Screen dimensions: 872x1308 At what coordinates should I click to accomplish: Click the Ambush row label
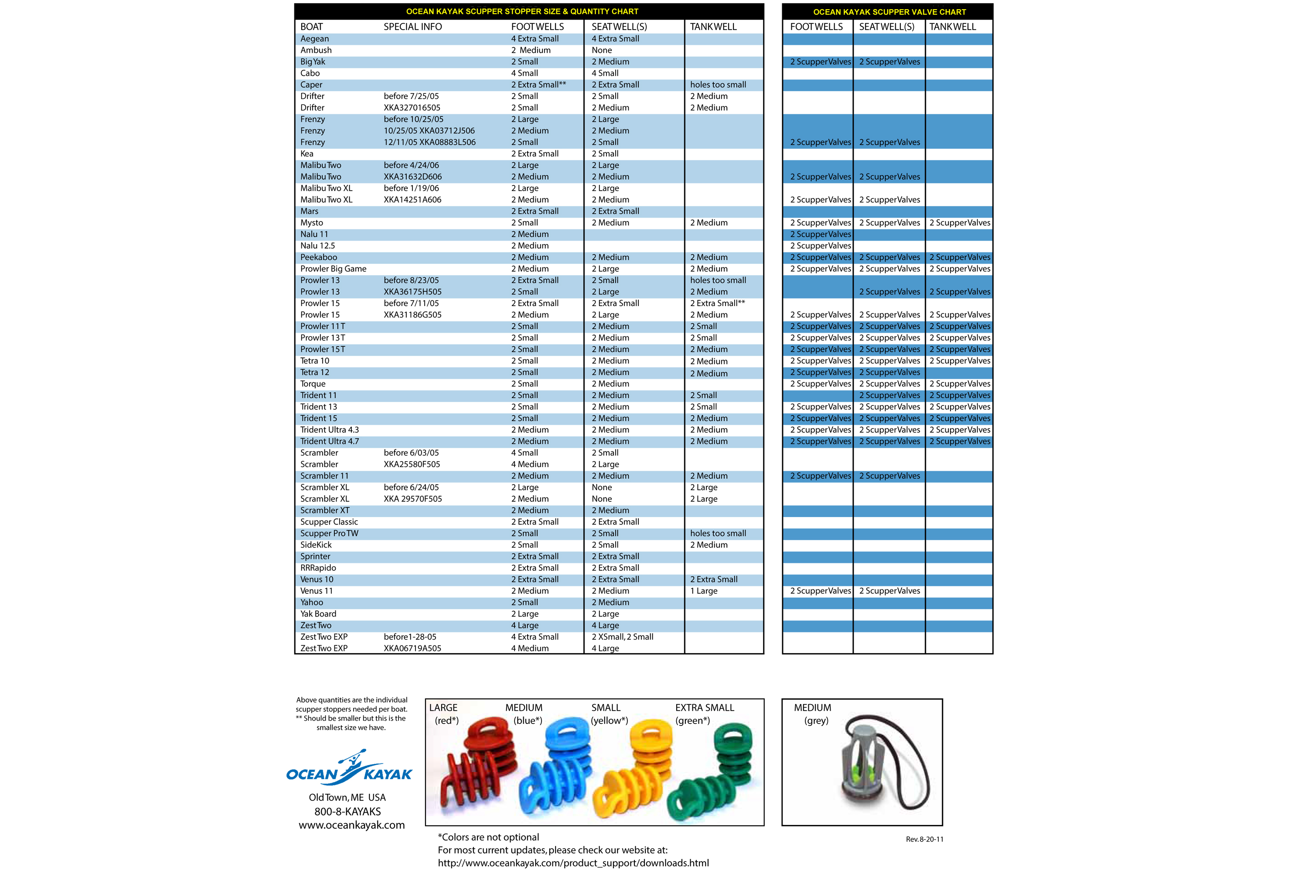point(316,50)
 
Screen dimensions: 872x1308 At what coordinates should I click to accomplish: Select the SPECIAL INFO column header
point(412,27)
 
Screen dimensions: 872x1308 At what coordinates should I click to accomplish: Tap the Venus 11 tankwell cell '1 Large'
point(704,591)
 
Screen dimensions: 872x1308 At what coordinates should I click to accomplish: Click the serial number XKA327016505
point(412,107)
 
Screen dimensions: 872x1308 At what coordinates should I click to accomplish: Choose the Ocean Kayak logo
point(349,769)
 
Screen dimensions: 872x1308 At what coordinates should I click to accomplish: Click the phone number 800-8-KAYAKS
point(347,811)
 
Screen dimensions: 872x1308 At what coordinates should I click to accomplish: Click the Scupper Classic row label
point(329,521)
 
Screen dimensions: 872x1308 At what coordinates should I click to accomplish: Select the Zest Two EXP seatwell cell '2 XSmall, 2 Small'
point(622,637)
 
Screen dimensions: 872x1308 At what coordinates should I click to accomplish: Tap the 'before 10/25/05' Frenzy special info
point(413,119)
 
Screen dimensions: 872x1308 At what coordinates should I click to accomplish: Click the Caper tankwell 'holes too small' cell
point(718,85)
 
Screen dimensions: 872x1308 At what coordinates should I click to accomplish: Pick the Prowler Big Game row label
point(333,269)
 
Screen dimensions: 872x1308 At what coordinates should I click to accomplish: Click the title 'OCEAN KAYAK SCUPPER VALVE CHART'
point(889,12)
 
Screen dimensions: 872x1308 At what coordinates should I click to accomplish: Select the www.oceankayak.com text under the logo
point(351,825)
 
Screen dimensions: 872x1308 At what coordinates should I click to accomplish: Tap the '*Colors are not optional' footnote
point(488,837)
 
